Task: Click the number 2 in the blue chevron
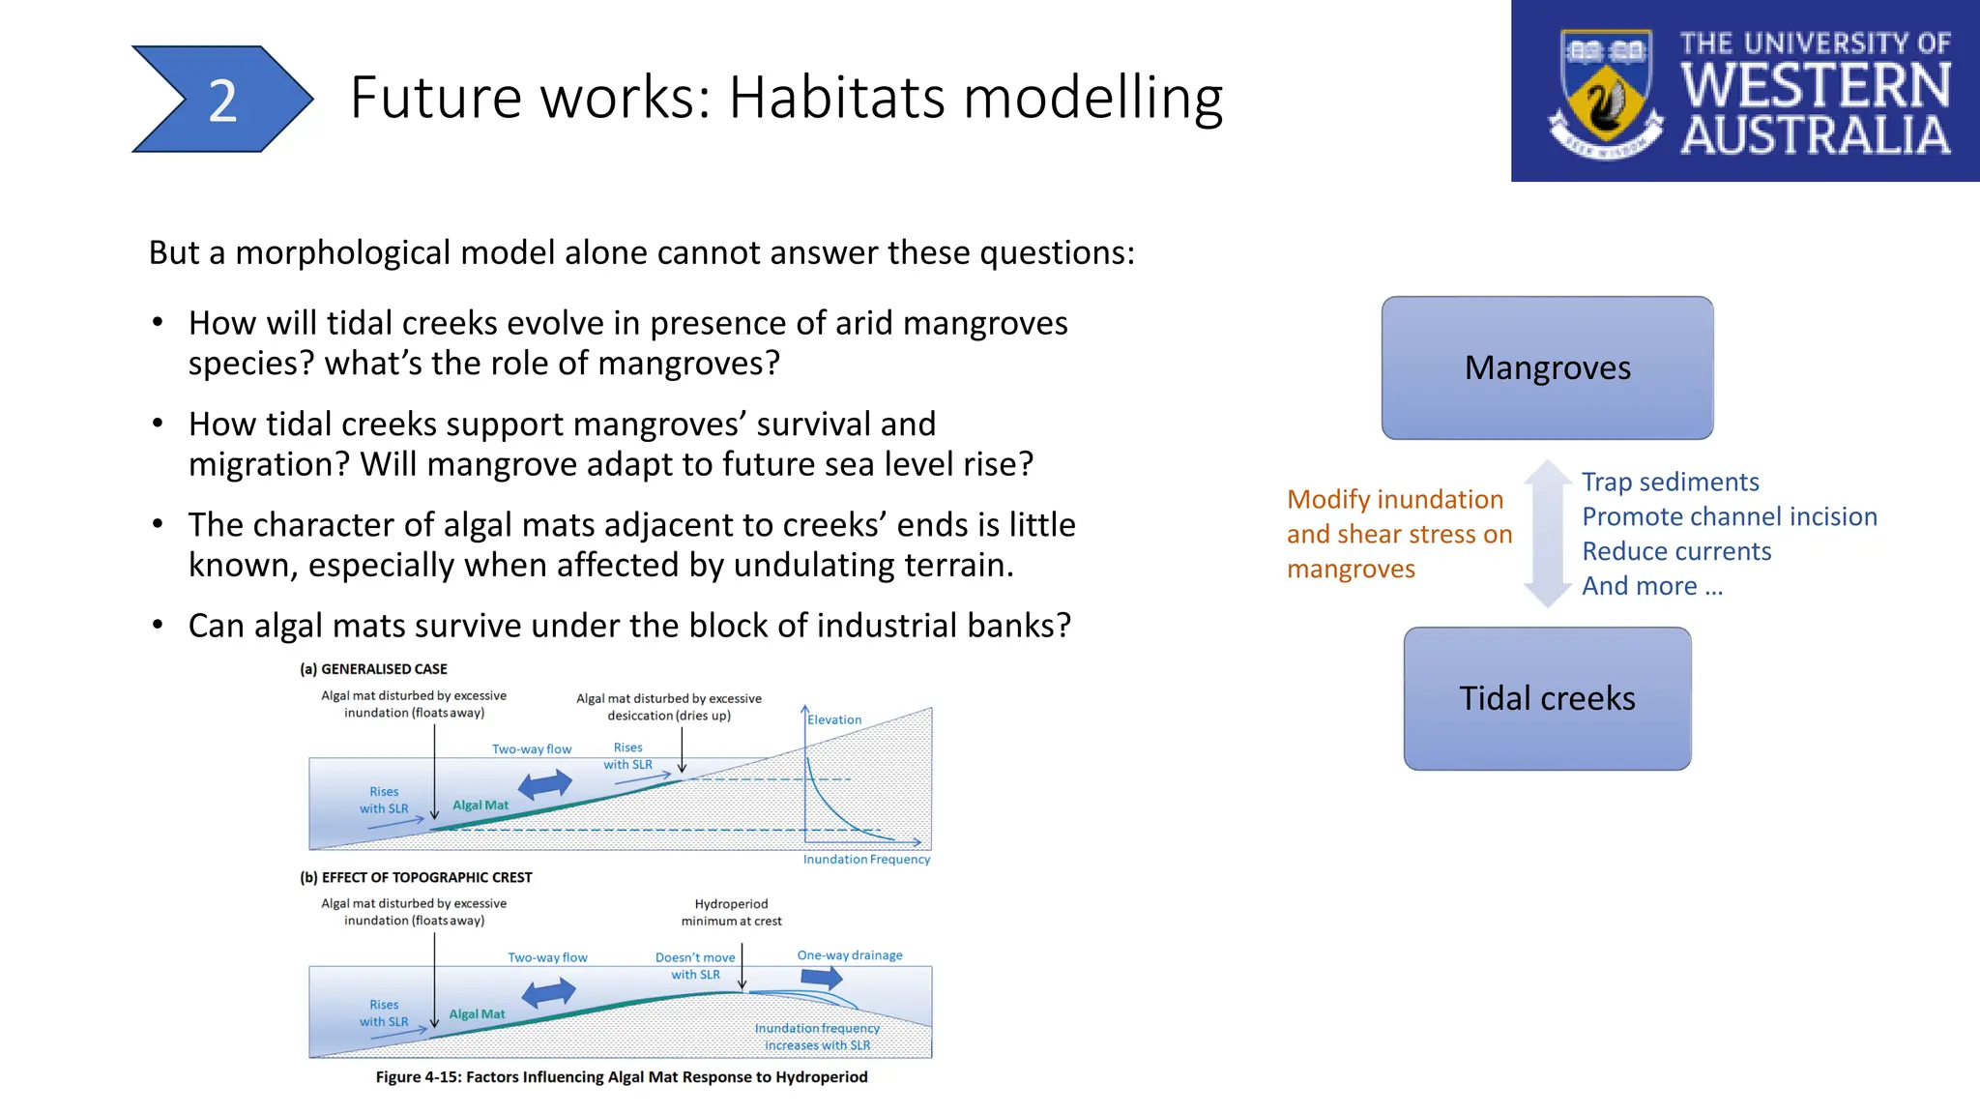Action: point(222,101)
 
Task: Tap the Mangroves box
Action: point(1547,367)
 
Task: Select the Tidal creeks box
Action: point(1547,698)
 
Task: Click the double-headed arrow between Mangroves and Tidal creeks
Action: point(1548,533)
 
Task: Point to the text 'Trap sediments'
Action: point(1670,482)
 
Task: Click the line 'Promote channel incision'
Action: point(1729,516)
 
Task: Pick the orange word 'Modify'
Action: point(1328,499)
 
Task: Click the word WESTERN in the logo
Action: point(1815,85)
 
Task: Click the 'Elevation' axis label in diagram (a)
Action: point(834,719)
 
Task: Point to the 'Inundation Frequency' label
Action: point(866,859)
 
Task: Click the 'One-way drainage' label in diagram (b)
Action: point(849,954)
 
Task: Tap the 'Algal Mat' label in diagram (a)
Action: point(480,805)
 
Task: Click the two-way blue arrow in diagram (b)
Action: point(548,992)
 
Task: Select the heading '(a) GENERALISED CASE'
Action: point(373,668)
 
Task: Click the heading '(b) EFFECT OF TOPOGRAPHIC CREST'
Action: point(416,877)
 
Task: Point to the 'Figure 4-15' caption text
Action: point(621,1076)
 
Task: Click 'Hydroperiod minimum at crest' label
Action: point(731,912)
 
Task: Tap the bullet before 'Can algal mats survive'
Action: point(158,625)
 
